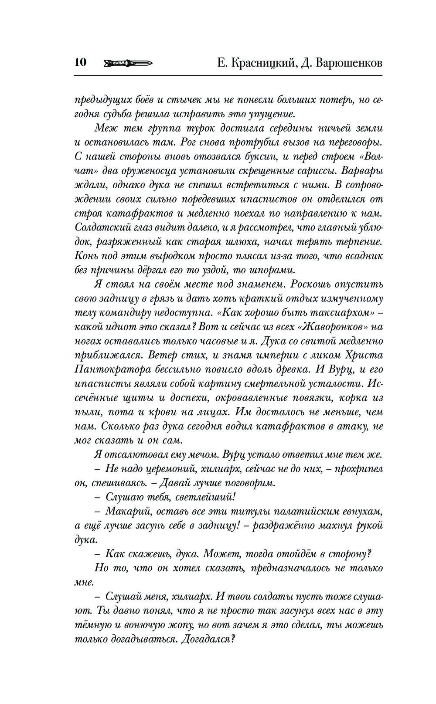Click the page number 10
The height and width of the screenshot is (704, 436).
pos(81,62)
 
